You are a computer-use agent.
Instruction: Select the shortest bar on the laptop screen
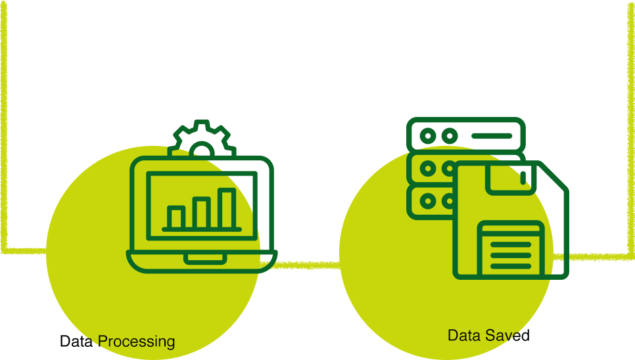pyautogui.click(x=176, y=217)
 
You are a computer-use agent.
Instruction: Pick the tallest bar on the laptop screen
pyautogui.click(x=227, y=208)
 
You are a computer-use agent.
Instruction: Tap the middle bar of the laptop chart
pyautogui.click(x=201, y=213)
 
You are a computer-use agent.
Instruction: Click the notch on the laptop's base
pyautogui.click(x=205, y=258)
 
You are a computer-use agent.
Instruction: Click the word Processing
pyautogui.click(x=136, y=342)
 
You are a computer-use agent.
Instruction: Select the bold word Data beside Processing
pyautogui.click(x=76, y=342)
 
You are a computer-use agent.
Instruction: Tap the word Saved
pyautogui.click(x=508, y=336)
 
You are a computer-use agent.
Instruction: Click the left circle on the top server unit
pyautogui.click(x=428, y=136)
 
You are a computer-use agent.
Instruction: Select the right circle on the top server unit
pyautogui.click(x=449, y=136)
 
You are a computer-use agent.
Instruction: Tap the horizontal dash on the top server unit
pyautogui.click(x=491, y=136)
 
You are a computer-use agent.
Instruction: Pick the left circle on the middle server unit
pyautogui.click(x=428, y=168)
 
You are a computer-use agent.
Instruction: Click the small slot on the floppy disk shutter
pyautogui.click(x=523, y=177)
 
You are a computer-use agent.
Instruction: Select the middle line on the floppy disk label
pyautogui.click(x=511, y=254)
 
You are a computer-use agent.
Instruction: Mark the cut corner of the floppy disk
pyautogui.click(x=556, y=176)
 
